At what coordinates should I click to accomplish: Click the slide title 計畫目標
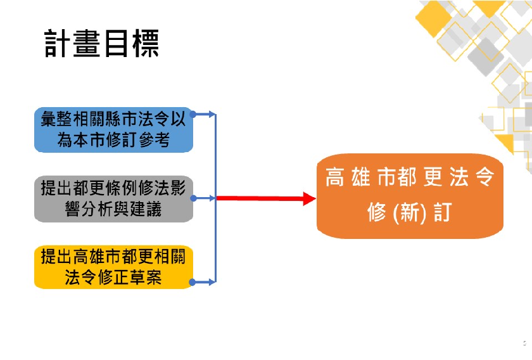tap(101, 44)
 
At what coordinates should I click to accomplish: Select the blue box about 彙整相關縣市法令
tap(113, 130)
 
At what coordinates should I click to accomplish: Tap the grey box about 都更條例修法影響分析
tap(113, 198)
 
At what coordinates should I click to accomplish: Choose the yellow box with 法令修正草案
tap(113, 267)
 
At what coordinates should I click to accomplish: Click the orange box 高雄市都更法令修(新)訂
tap(410, 196)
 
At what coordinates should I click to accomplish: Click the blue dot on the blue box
tap(193, 115)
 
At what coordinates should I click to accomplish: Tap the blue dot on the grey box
tap(193, 198)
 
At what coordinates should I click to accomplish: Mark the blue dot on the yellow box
tap(192, 282)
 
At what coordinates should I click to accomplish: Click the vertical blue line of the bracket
tap(215, 198)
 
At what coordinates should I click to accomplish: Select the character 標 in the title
tap(145, 44)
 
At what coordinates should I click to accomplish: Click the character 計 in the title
tap(58, 44)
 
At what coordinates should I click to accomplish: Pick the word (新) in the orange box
tap(409, 213)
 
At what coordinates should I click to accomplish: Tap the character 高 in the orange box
tap(335, 177)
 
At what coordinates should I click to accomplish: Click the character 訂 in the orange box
tap(443, 212)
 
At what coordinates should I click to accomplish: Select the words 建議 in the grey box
tap(146, 209)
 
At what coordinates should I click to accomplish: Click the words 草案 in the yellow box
tap(146, 277)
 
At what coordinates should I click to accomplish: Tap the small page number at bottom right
tap(524, 343)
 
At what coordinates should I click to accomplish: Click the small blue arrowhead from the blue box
tap(212, 115)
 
